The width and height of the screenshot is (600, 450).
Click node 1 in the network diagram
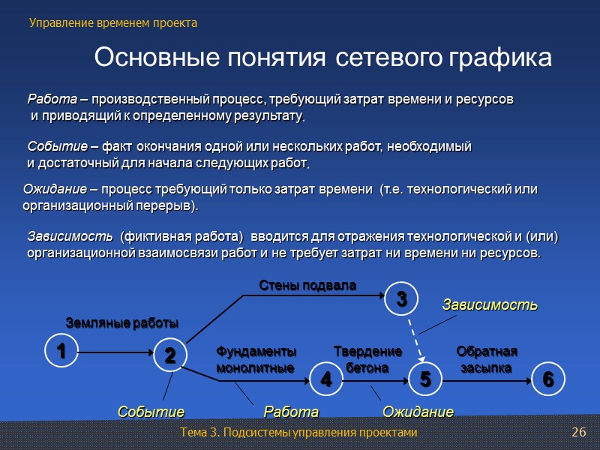61,350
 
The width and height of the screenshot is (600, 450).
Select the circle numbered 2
170,355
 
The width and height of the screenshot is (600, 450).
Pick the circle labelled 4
326,379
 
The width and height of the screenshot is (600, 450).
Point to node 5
425,379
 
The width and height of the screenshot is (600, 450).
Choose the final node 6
548,379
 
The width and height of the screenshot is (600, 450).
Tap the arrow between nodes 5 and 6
487,380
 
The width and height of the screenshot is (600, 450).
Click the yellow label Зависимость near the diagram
489,305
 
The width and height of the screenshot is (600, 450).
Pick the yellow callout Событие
151,412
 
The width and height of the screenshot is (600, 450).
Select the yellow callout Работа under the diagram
291,412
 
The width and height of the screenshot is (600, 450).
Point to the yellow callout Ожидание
418,412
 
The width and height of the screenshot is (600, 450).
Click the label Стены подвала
307,285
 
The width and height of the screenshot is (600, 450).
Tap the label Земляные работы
122,323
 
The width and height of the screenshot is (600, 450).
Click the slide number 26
578,433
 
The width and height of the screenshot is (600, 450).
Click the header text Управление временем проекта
113,23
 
